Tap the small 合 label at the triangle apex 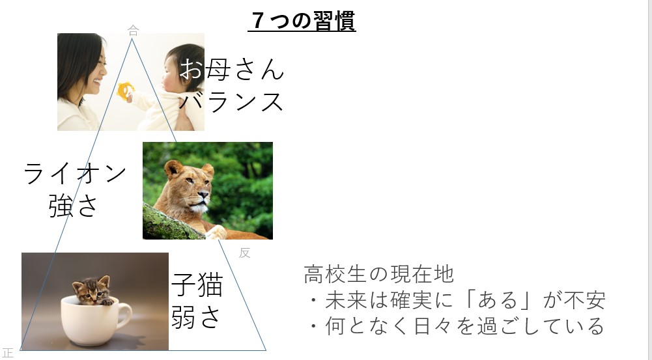coord(133,31)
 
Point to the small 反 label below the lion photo coord(244,253)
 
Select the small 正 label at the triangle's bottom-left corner coord(7,353)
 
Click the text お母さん coord(232,69)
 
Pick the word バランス coord(232,101)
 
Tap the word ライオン coord(75,173)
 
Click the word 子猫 coord(197,284)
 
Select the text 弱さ coord(196,317)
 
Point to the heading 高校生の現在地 coord(379,274)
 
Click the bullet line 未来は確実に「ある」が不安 coord(457,300)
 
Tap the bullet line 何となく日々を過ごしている coord(457,325)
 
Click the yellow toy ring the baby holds coord(125,91)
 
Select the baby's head coord(182,68)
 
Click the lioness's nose coord(203,195)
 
